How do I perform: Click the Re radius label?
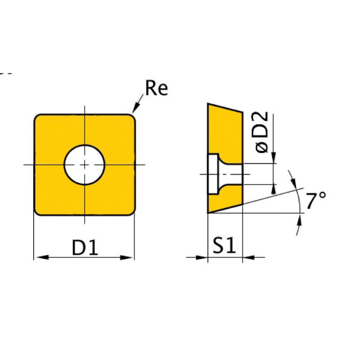(x=156, y=88)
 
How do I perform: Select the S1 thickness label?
(x=224, y=247)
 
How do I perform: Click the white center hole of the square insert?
(x=85, y=164)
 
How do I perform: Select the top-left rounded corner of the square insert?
(x=38, y=118)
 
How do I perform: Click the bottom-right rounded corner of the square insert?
(x=131, y=212)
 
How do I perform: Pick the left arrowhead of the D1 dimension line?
(x=40, y=257)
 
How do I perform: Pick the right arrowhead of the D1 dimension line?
(x=129, y=257)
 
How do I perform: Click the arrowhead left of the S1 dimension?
(x=203, y=257)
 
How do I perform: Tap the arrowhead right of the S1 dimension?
(x=247, y=257)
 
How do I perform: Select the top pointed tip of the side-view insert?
(x=208, y=104)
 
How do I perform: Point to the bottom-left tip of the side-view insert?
(x=208, y=212)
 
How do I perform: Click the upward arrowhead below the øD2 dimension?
(x=273, y=189)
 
